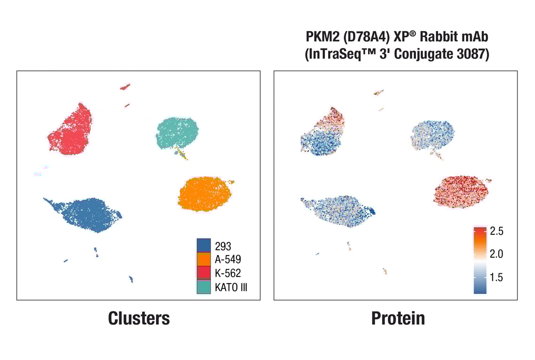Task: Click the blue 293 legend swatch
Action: [203, 245]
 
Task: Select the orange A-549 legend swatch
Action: [203, 259]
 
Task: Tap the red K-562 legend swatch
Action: [203, 273]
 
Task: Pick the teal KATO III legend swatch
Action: [203, 287]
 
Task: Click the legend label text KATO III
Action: [231, 287]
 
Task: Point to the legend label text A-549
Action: [228, 259]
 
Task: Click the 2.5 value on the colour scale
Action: [497, 231]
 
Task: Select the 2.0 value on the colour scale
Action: [497, 254]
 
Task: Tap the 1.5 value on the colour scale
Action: [497, 277]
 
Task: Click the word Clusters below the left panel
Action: [139, 318]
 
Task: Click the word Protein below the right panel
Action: [398, 318]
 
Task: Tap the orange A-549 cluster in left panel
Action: [205, 194]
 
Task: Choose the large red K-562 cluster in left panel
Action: [70, 129]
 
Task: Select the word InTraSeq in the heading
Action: [334, 54]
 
